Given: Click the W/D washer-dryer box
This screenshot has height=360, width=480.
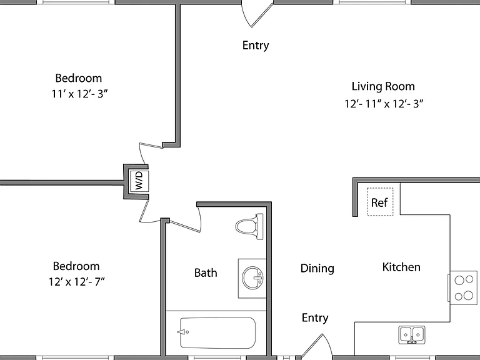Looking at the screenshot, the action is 139,181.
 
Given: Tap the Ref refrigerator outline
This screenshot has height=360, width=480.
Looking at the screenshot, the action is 380,202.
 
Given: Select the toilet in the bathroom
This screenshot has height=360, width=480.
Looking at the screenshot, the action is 249,226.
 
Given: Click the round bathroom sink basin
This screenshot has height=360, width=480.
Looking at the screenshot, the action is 252,278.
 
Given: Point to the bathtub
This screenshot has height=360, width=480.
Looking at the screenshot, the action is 217,332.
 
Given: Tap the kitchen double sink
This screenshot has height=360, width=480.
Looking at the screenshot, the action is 412,334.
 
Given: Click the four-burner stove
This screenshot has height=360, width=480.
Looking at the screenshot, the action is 464,287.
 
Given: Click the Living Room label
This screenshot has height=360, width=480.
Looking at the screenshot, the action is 383,86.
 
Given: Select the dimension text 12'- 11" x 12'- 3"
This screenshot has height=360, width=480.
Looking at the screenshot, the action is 384,104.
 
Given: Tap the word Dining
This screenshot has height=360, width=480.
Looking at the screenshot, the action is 317,269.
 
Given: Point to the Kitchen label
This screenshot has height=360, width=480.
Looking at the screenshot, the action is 401,267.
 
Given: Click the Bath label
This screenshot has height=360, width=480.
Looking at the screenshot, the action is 206,272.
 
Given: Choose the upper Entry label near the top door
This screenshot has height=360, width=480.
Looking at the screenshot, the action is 256,46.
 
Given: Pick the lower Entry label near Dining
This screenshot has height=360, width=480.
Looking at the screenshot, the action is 315,317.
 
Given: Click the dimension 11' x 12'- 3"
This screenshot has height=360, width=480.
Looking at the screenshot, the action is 79,94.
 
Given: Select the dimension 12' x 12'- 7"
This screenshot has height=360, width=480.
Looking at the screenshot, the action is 76,281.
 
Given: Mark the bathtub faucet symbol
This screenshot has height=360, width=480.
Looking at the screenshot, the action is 183,332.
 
